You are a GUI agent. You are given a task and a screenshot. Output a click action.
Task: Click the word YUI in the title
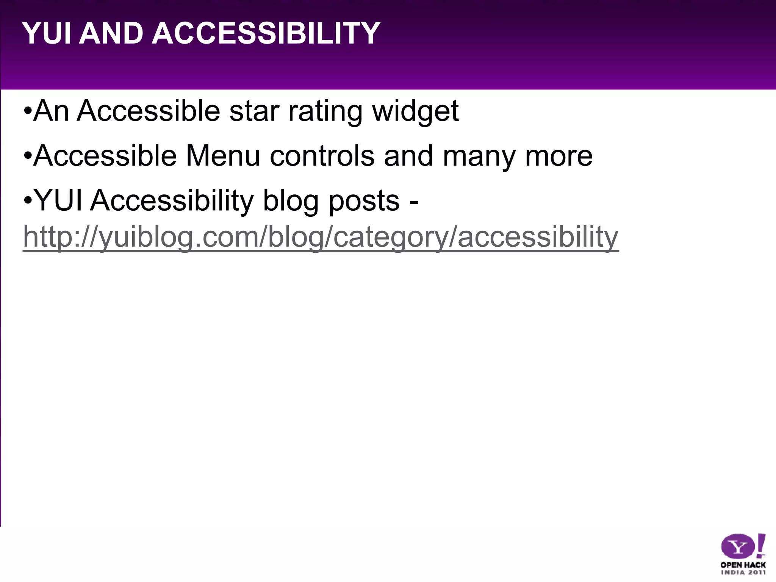47,33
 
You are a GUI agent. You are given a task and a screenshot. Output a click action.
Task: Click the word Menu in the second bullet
223,156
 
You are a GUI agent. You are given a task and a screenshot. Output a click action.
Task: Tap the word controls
322,156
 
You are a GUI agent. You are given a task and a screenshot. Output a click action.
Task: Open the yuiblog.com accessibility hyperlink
321,237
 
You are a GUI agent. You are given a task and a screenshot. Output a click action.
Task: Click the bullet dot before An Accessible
27,112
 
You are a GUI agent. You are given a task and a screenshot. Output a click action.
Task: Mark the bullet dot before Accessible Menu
27,156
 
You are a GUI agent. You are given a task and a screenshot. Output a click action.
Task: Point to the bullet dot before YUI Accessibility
27,201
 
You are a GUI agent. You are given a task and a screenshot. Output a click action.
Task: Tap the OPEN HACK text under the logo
743,565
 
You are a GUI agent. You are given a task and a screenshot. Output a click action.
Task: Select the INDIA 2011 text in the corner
743,573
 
